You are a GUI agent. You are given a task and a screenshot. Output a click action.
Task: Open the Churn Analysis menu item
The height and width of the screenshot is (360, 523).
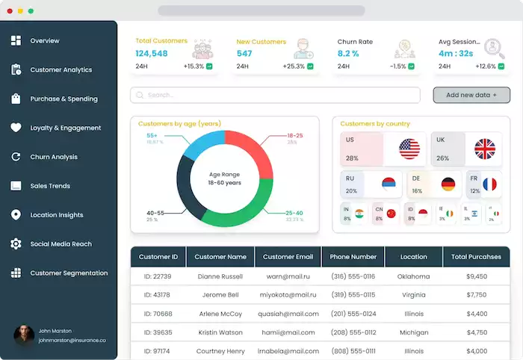pos(54,157)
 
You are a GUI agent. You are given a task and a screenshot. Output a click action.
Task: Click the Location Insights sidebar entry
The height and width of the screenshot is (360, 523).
pos(56,215)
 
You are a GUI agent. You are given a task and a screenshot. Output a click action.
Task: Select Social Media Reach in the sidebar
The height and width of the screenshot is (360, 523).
pos(61,244)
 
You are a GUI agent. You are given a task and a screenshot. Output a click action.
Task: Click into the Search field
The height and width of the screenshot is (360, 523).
pos(275,96)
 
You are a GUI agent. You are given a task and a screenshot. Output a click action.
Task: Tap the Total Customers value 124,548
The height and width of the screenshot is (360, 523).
pos(152,54)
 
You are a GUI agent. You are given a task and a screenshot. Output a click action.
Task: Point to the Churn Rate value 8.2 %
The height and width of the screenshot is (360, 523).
pos(349,54)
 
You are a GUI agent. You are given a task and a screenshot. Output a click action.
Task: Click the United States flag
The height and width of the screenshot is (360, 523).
pos(409,149)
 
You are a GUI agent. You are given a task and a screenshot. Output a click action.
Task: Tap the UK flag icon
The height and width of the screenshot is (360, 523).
pos(485,149)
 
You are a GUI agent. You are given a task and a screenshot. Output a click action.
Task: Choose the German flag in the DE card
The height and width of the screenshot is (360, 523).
pos(448,184)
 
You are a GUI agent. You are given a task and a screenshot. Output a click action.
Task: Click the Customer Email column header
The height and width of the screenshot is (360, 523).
pos(288,257)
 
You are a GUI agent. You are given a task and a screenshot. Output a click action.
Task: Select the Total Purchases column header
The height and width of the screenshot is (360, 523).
pos(476,257)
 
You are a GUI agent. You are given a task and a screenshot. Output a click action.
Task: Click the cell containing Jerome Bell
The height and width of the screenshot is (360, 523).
pos(220,295)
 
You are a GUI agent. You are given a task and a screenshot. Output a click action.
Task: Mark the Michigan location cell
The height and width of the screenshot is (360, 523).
pos(414,332)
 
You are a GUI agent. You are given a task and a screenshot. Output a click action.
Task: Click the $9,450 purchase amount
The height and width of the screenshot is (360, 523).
pos(476,276)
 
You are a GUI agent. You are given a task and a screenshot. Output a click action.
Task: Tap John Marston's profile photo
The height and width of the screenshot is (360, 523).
pos(24,335)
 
